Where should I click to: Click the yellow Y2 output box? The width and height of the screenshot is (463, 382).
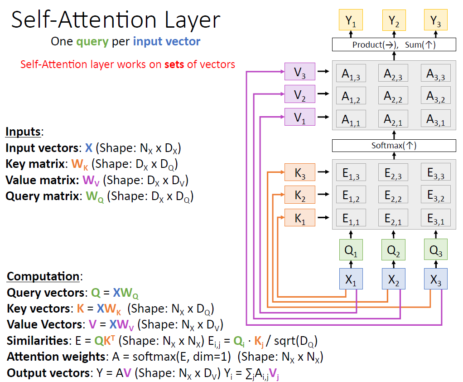tap(394, 20)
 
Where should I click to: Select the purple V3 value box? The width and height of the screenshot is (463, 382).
tap(299, 72)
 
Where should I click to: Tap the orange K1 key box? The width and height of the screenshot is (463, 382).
tap(299, 218)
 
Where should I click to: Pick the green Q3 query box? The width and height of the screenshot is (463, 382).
tap(435, 250)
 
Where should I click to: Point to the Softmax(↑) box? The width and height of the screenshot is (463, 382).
tap(394, 146)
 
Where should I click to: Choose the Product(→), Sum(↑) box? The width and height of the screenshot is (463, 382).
tap(394, 45)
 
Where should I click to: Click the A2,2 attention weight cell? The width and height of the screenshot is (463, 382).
tap(394, 95)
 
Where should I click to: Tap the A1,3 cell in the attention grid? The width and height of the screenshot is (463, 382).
tap(351, 74)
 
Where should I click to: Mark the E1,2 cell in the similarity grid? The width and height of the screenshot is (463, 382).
tap(351, 196)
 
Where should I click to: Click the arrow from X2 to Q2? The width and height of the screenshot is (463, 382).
tap(394, 264)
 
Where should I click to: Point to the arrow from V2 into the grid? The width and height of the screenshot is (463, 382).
tap(323, 94)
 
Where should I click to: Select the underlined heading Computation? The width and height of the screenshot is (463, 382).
tap(43, 276)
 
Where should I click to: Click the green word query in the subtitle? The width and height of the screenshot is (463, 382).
tap(92, 42)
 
